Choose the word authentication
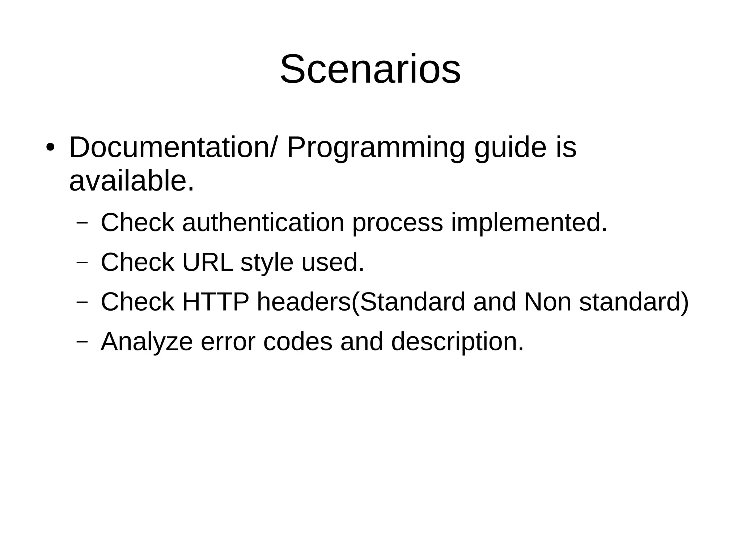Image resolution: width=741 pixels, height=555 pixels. coord(263,222)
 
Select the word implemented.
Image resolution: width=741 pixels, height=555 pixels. coord(529,223)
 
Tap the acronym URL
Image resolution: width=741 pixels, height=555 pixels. coord(208,262)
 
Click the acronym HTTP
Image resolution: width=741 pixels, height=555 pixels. coord(216,302)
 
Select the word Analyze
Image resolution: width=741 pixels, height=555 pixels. coord(147,342)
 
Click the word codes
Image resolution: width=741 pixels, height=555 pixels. coord(297,342)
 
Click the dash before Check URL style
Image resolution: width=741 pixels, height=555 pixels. coord(82,262)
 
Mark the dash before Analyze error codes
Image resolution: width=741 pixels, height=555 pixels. coord(82,341)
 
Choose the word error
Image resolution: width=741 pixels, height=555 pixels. coord(228,342)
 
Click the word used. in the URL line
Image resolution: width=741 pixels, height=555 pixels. coord(333,262)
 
